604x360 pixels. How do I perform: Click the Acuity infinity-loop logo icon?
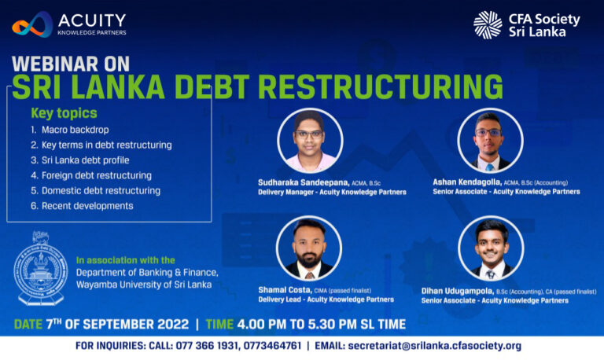tap(32, 24)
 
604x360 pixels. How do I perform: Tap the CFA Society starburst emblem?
tap(488, 24)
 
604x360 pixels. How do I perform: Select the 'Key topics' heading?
tap(64, 113)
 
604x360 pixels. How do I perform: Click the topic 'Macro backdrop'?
tap(75, 130)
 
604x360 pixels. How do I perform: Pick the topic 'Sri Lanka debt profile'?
tap(86, 160)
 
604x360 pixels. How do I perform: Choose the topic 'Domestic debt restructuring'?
tap(101, 190)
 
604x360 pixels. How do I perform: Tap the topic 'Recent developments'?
tap(87, 206)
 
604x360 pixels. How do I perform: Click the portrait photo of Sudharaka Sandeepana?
tap(310, 141)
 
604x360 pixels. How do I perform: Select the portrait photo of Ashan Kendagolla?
tap(490, 141)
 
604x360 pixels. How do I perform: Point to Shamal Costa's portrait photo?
tap(309, 248)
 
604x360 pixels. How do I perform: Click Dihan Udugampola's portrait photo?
tap(491, 248)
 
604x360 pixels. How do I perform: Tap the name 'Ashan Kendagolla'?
tap(467, 182)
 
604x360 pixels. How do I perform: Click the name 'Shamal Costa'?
tap(285, 290)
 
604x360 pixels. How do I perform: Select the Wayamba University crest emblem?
tap(39, 268)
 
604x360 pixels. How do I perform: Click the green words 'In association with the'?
tap(126, 260)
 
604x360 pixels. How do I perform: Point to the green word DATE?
tap(28, 324)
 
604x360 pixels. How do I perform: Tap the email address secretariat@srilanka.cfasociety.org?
tap(434, 346)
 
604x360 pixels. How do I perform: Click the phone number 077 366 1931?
tap(206, 346)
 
